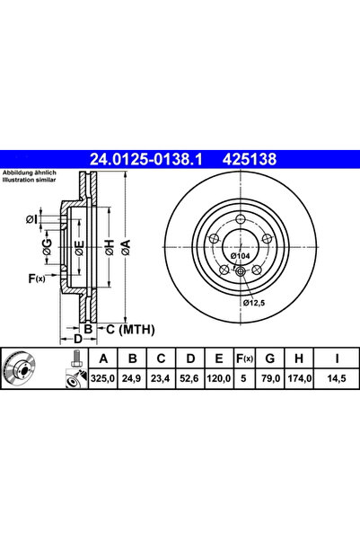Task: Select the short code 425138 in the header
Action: pos(243,159)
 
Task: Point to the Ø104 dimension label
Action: pos(240,258)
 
